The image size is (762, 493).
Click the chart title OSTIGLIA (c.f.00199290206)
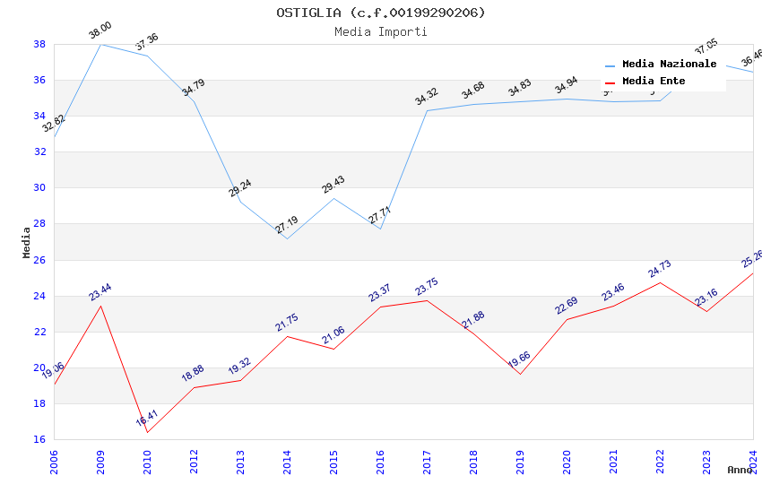[x=380, y=13]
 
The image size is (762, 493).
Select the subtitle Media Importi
[x=380, y=31]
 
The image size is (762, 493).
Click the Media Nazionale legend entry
[x=669, y=65]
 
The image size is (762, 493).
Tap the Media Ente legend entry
[x=654, y=82]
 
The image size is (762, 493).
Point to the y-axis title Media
[x=26, y=242]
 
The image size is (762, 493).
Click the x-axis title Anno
[x=740, y=470]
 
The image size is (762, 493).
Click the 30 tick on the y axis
[x=39, y=188]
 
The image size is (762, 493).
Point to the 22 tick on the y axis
[x=39, y=332]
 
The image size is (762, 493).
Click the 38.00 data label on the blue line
[x=100, y=33]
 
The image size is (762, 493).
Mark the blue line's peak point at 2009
[x=100, y=44]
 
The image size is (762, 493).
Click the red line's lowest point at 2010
[x=147, y=432]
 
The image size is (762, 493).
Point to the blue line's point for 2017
[x=427, y=110]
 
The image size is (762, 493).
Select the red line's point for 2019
[x=520, y=374]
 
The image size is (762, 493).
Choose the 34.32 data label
[x=426, y=97]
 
